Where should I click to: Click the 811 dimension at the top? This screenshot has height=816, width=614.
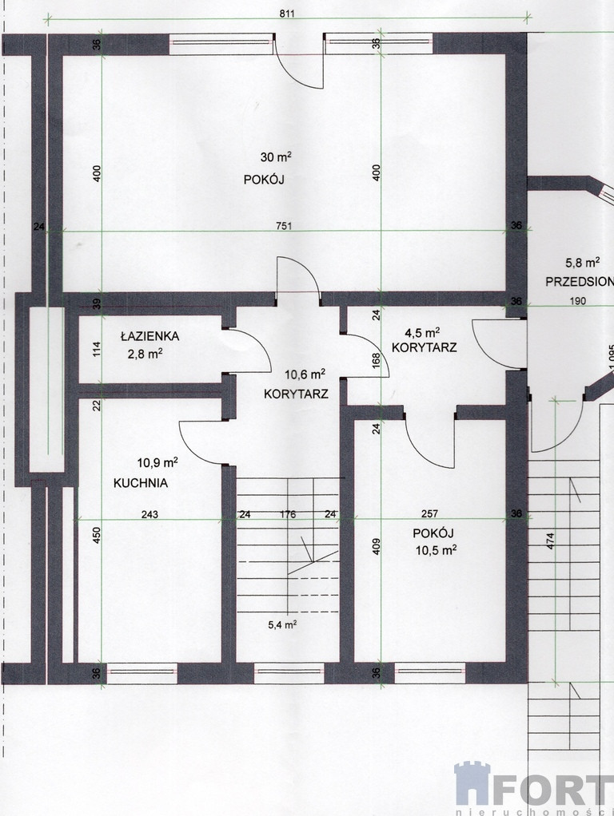(287, 14)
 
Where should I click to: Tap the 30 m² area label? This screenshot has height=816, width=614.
(276, 156)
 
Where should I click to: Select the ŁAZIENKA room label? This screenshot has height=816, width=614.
(150, 335)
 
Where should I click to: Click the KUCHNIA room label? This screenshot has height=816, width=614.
(141, 483)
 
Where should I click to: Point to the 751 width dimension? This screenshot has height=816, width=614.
(284, 226)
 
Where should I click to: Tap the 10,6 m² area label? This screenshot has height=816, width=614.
(305, 374)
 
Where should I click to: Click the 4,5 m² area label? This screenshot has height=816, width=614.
(423, 332)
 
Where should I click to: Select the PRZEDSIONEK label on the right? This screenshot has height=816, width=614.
(580, 282)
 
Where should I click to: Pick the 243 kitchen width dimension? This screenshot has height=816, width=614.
(150, 514)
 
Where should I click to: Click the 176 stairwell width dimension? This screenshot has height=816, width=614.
(288, 514)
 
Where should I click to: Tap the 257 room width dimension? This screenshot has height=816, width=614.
(429, 513)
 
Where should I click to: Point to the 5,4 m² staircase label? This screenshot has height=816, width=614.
(282, 624)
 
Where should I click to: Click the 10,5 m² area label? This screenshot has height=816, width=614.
(437, 550)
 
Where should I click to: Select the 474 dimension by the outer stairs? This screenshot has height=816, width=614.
(551, 541)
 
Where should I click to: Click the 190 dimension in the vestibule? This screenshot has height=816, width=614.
(577, 300)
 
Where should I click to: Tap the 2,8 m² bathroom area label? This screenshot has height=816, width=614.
(146, 354)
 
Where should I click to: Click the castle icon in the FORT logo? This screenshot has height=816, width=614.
(472, 784)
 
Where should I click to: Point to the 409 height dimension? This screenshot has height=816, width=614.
(377, 546)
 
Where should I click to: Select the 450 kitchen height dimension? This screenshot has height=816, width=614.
(97, 536)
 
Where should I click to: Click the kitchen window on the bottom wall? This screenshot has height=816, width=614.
(142, 671)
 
